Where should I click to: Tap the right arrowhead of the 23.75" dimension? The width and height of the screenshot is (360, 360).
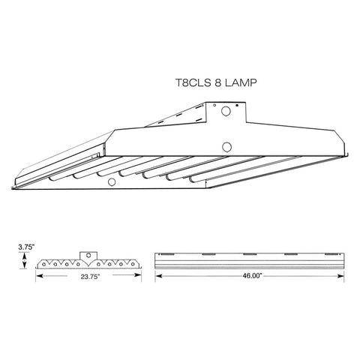click(140, 276)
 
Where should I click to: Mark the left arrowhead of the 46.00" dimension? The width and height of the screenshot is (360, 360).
click(157, 276)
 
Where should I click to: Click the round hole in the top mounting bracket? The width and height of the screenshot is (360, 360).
click(226, 112)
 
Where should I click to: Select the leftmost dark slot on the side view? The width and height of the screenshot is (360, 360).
click(171, 256)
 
